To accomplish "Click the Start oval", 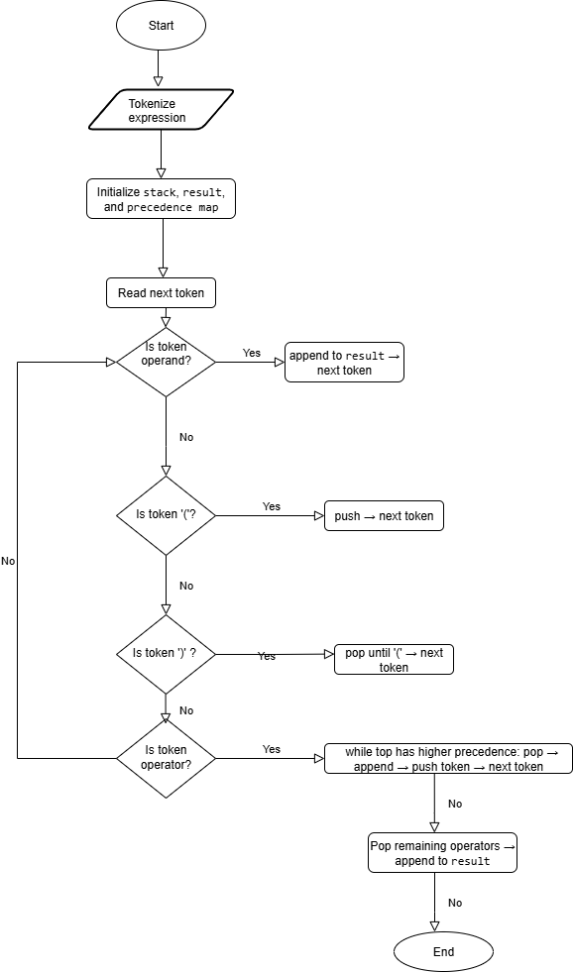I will click(161, 26).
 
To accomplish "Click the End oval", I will click(443, 951).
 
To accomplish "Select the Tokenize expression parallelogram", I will click(161, 110).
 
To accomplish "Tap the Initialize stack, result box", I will click(161, 199).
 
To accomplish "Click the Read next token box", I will click(161, 293).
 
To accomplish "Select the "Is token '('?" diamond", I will click(166, 515).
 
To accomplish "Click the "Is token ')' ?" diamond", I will click(166, 654).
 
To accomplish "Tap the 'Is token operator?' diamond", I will click(166, 758).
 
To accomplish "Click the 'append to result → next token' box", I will click(344, 363).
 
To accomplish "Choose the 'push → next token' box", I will click(384, 516).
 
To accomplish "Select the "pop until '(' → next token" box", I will click(394, 660).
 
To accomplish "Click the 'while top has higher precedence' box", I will click(448, 759).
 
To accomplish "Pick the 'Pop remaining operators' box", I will click(442, 853).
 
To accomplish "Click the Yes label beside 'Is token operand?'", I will click(252, 353).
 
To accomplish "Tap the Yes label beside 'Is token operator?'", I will click(272, 749).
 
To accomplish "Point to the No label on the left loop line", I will click(8, 561).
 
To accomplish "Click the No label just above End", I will click(454, 903).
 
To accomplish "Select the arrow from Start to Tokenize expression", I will click(161, 69).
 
